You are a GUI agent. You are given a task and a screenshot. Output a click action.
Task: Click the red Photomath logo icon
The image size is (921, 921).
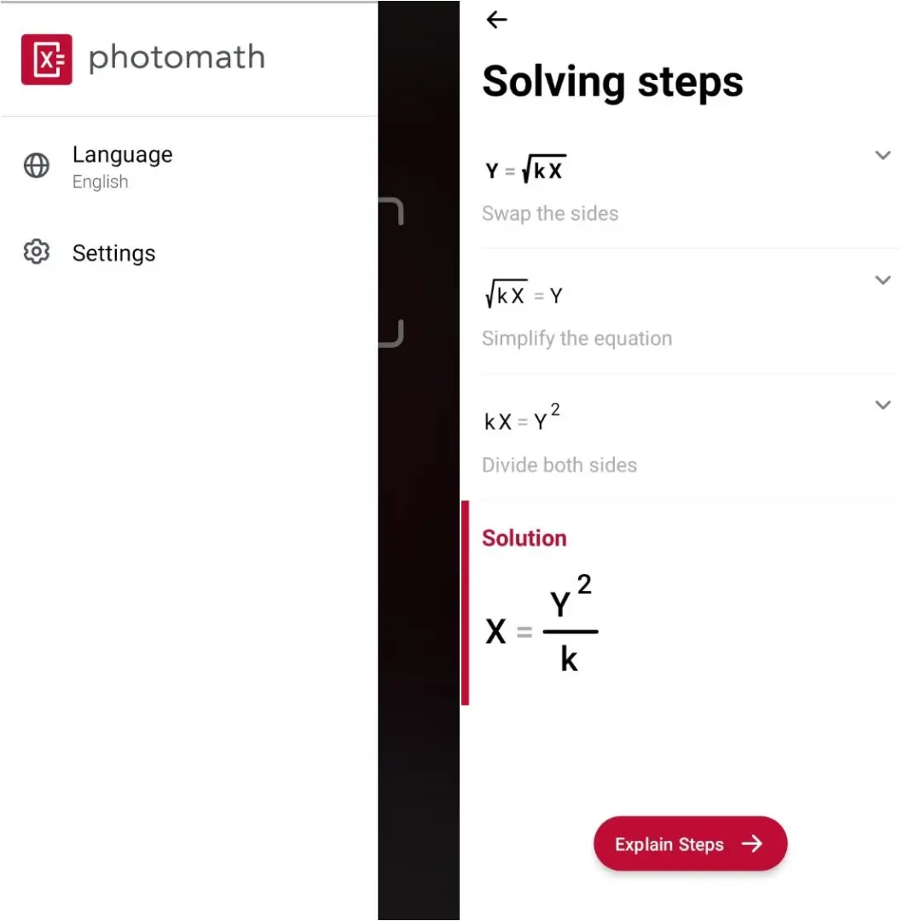(47, 60)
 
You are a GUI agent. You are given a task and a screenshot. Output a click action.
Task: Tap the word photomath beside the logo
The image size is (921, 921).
(177, 58)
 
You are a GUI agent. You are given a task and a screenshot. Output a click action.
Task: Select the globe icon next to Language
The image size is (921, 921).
(37, 165)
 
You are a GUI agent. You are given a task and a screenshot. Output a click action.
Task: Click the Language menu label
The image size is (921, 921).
(122, 154)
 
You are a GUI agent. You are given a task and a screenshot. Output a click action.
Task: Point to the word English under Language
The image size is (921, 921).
(101, 182)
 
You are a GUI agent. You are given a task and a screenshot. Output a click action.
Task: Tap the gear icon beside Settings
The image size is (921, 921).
(37, 252)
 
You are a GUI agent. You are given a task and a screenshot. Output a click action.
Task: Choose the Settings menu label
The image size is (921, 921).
(114, 253)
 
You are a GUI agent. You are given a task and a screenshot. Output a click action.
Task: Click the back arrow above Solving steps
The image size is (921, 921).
(497, 20)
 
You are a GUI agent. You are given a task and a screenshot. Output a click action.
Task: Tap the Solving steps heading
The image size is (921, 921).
(612, 82)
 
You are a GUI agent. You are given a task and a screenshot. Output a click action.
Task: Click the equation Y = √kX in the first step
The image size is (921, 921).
(525, 169)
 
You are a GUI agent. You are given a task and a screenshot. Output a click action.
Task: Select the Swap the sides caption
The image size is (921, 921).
(550, 213)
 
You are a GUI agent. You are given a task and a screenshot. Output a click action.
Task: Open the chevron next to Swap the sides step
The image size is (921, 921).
(883, 155)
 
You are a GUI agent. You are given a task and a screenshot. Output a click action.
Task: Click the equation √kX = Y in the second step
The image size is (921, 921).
(524, 293)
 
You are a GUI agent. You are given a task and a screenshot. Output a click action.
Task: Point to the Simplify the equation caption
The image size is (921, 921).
(576, 339)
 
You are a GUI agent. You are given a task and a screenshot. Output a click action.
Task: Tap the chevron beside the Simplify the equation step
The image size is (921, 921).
(883, 281)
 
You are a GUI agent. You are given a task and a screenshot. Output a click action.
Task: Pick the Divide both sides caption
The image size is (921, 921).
(559, 466)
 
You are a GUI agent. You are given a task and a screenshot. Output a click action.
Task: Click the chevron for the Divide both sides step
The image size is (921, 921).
(883, 405)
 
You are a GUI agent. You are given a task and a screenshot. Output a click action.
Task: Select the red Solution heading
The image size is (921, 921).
(524, 538)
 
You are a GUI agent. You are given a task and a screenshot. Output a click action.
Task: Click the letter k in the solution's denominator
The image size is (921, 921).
(569, 658)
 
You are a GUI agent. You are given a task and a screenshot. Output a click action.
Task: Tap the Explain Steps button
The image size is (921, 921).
(690, 843)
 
